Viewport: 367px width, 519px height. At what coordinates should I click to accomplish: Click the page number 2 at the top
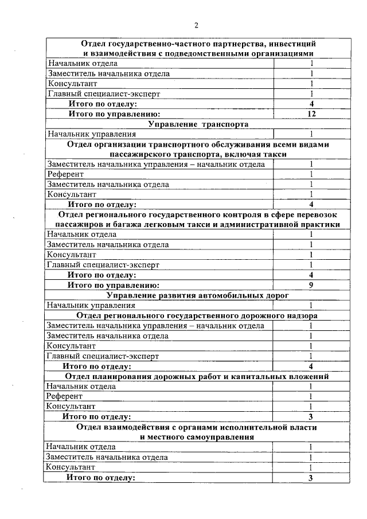coord(196,25)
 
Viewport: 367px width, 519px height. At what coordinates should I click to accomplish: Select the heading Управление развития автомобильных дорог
coord(197,295)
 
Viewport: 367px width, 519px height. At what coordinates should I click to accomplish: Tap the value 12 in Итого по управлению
coord(311,114)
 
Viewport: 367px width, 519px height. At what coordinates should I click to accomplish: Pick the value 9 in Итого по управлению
coord(310,284)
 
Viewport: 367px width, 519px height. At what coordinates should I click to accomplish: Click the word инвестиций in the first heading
coord(294,44)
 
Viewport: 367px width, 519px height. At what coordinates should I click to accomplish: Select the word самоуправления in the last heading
coord(226,436)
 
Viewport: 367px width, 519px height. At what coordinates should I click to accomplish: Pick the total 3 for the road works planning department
coord(310,416)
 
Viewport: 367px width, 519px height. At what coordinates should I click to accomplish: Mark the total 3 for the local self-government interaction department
coord(310,477)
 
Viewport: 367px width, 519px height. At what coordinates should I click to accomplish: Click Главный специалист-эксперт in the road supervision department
coord(103,356)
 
